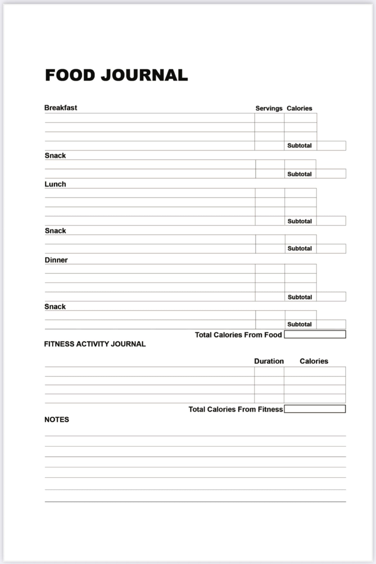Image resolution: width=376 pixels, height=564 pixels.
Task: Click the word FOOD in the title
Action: pyautogui.click(x=70, y=75)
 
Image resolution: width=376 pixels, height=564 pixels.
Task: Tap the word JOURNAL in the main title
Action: pyautogui.click(x=144, y=75)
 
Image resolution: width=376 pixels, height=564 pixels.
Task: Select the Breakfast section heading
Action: pyautogui.click(x=61, y=108)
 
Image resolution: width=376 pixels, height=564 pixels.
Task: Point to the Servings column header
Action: pyautogui.click(x=269, y=108)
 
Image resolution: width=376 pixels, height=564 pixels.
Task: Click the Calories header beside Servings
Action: pyautogui.click(x=299, y=108)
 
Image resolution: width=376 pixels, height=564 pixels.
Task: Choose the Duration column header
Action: pyautogui.click(x=269, y=361)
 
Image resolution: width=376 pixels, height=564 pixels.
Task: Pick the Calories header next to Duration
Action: pyautogui.click(x=314, y=361)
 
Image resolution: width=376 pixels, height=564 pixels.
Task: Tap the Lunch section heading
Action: pyautogui.click(x=55, y=184)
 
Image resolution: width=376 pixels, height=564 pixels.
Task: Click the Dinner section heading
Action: pyautogui.click(x=56, y=260)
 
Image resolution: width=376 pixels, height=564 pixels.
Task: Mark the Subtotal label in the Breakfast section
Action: pyautogui.click(x=299, y=146)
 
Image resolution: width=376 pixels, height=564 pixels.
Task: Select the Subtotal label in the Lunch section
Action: pyautogui.click(x=300, y=221)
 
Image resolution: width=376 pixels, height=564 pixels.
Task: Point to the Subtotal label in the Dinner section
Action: pyautogui.click(x=300, y=297)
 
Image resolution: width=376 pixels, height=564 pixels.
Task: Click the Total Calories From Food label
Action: pyautogui.click(x=238, y=335)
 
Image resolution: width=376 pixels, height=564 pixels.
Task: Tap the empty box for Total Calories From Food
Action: pyautogui.click(x=315, y=335)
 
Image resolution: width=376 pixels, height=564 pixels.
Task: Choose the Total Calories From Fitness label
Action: pyautogui.click(x=236, y=409)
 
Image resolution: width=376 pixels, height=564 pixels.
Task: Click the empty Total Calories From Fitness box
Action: pyautogui.click(x=315, y=409)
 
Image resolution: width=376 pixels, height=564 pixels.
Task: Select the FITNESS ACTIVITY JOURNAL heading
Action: pyautogui.click(x=95, y=344)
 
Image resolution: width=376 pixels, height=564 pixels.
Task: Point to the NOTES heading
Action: pyautogui.click(x=57, y=419)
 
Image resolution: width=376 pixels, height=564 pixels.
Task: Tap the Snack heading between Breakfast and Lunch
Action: pyautogui.click(x=55, y=156)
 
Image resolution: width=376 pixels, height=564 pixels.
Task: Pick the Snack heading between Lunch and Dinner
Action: pyautogui.click(x=55, y=231)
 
